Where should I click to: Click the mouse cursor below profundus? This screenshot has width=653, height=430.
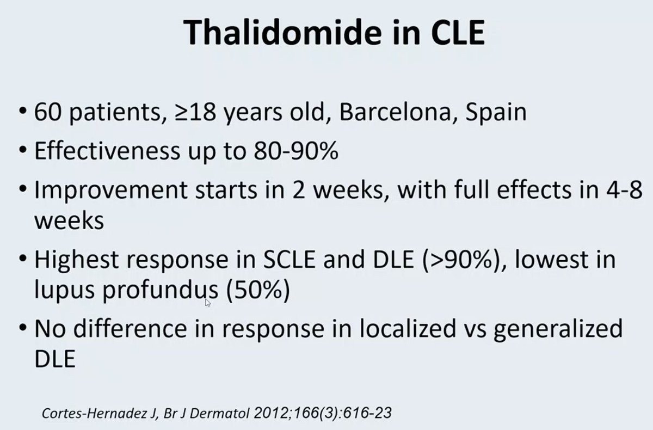tap(208, 302)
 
